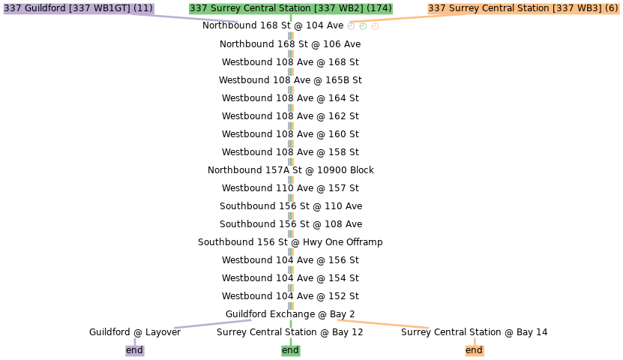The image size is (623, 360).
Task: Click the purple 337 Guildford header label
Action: coord(78,8)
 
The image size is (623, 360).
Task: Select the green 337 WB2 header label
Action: coord(290,8)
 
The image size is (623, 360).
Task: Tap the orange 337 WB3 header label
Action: coord(523,8)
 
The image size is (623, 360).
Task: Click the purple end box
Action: coord(134,350)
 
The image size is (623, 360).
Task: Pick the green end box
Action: coord(290,350)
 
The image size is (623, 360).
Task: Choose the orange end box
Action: coord(474,350)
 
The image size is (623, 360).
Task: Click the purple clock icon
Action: coord(351,26)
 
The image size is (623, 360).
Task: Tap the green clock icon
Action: coord(363,26)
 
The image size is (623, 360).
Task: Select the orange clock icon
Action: coord(375,26)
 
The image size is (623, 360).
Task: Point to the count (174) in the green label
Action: coord(379,8)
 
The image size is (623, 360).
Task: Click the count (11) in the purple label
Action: coord(142,8)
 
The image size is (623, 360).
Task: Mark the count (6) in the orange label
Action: coord(611,8)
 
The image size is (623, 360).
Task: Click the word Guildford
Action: coord(46,8)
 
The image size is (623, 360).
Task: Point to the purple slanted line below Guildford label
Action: coord(195,18)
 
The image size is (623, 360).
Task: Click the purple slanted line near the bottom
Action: coord(213,323)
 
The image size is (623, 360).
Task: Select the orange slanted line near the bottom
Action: coord(382,324)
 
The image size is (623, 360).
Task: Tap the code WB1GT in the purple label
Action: coord(110,8)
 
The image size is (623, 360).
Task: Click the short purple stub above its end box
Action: coord(135,341)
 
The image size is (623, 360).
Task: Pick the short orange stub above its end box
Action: coord(475,341)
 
